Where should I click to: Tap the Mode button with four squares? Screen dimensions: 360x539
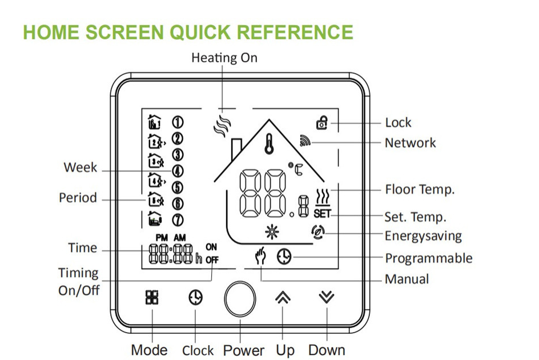[x=152, y=298]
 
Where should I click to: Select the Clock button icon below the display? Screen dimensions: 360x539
[x=195, y=298]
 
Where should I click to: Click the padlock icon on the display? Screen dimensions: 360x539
[x=323, y=122]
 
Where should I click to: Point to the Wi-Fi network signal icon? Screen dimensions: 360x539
[x=305, y=140]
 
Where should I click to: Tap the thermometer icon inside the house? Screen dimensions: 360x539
[x=267, y=142]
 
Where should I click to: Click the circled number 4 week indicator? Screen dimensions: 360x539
[x=178, y=170]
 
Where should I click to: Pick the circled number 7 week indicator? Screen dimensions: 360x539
[x=178, y=219]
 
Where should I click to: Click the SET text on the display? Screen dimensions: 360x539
[x=321, y=214]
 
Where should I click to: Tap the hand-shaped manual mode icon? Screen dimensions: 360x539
[x=262, y=257]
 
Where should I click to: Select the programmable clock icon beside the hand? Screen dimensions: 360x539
[x=284, y=257]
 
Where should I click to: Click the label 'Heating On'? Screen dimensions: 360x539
[x=224, y=58]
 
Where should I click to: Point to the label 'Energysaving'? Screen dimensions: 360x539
[x=423, y=235]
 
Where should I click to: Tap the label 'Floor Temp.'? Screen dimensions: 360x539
[x=420, y=189]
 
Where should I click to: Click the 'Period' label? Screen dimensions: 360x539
[x=78, y=198]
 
